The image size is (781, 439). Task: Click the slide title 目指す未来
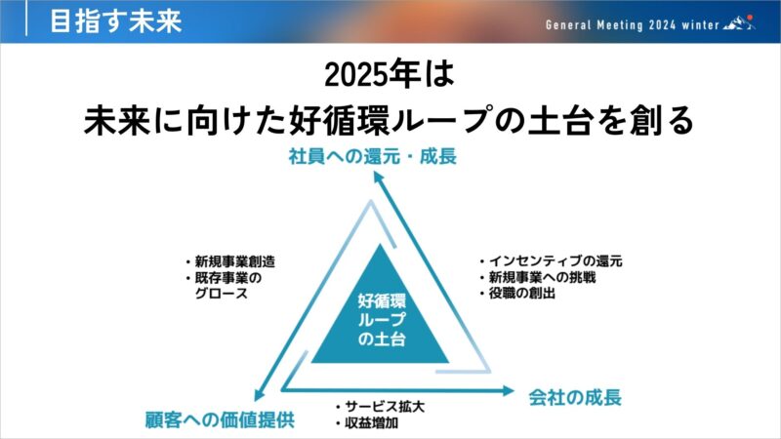tap(116, 21)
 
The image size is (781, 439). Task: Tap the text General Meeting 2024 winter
tap(633, 25)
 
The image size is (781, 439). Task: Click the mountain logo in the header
tap(739, 22)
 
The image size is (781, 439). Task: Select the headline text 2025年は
tap(390, 75)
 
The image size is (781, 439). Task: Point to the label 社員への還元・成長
tap(373, 156)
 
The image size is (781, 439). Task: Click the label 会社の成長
tap(575, 397)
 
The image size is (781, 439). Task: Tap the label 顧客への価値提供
tap(220, 419)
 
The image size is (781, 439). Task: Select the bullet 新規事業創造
tap(230, 261)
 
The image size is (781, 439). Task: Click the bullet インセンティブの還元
tap(551, 260)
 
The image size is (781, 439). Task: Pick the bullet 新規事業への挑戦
tap(538, 277)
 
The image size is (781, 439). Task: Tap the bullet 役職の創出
tap(517, 293)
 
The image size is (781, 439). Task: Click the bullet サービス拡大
tap(380, 407)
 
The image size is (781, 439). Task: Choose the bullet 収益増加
tap(367, 423)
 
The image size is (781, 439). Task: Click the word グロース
tap(222, 294)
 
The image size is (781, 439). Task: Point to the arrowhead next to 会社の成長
tap(508, 391)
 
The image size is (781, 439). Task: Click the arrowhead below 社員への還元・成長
tap(379, 178)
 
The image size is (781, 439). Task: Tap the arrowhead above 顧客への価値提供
tap(259, 394)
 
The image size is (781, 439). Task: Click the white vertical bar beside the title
tap(26, 19)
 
